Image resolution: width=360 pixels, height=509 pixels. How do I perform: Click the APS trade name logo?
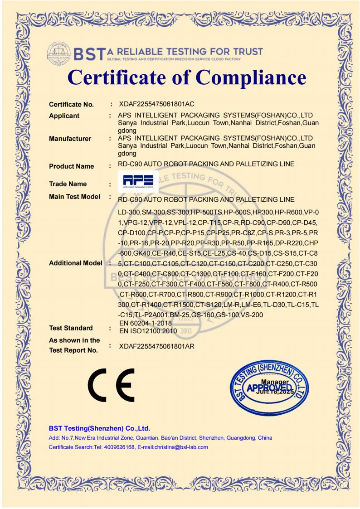tap(138, 180)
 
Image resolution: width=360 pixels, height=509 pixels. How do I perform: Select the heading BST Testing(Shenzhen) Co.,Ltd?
tap(99, 428)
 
